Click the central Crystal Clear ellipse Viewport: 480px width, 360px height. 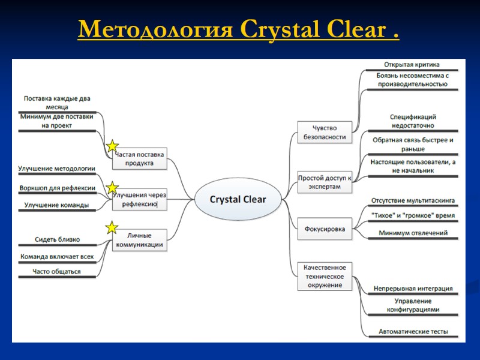pos(238,199)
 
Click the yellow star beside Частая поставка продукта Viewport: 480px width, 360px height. pos(112,146)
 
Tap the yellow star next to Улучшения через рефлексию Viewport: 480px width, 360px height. pos(112,188)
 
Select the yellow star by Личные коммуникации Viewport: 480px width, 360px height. pos(112,227)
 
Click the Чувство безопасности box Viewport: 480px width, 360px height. pos(324,132)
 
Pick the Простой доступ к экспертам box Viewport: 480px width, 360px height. pos(324,182)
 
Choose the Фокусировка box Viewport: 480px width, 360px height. pos(324,229)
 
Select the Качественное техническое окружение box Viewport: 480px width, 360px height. pos(324,276)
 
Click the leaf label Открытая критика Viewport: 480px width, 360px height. pos(412,64)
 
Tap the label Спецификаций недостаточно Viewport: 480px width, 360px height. pos(412,121)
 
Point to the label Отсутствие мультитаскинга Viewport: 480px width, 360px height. pos(412,200)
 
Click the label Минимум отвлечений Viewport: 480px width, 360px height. pos(412,233)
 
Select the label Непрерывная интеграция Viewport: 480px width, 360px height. pos(413,289)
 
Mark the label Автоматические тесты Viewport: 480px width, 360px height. pos(413,331)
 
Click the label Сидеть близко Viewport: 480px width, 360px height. pos(58,239)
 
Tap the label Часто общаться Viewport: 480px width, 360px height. pos(58,272)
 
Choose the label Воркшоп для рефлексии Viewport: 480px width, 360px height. pos(58,188)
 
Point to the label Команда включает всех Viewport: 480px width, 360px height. pos(57,256)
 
